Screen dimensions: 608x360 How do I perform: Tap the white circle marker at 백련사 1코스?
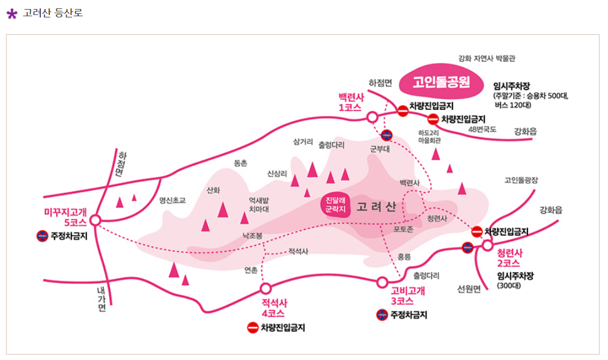click(x=372, y=117)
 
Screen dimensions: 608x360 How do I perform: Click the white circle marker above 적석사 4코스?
click(x=266, y=288)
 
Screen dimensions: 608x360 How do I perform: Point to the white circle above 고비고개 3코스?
click(x=382, y=282)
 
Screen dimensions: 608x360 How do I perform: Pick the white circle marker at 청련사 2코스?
click(x=487, y=245)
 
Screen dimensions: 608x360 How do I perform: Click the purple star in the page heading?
click(x=11, y=13)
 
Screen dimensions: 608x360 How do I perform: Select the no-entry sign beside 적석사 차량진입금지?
click(x=253, y=328)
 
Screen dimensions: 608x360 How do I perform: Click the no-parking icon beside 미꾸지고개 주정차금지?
click(x=42, y=236)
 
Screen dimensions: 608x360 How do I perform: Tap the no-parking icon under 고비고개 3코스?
click(x=382, y=314)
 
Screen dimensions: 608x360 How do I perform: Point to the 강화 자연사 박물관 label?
click(x=487, y=58)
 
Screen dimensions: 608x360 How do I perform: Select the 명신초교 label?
click(x=172, y=200)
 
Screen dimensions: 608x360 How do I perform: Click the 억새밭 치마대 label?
click(x=259, y=204)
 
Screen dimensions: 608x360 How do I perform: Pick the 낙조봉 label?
click(x=252, y=236)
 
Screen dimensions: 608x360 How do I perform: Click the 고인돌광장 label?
click(x=521, y=180)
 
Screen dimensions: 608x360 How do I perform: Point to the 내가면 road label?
click(x=101, y=299)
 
